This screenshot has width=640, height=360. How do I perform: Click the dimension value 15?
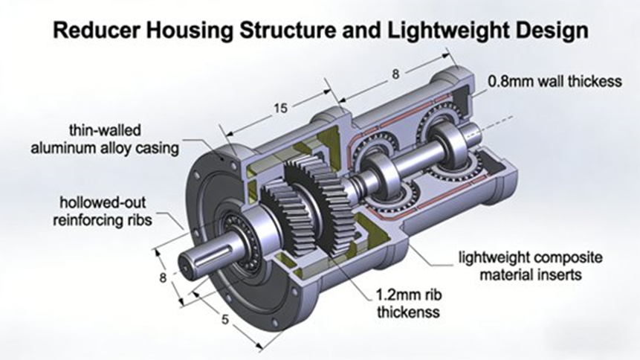(279, 109)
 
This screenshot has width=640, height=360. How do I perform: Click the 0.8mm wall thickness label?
(554, 81)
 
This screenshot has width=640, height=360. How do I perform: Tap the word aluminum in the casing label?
(62, 147)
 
